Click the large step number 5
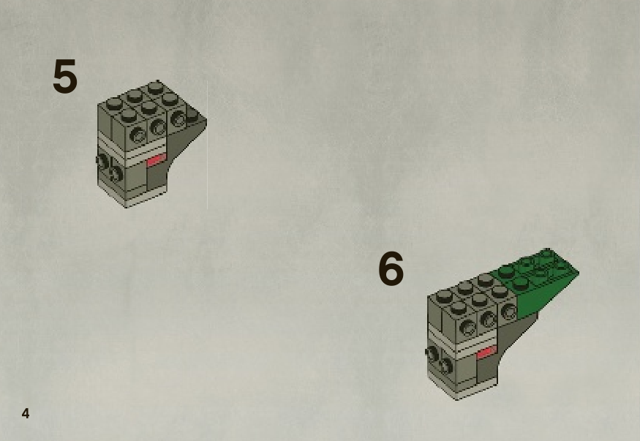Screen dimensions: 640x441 (x=65, y=76)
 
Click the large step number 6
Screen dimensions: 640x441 (x=391, y=268)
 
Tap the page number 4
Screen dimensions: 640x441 (x=26, y=414)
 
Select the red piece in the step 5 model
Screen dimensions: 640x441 (x=156, y=160)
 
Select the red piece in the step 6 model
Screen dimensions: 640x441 (x=486, y=353)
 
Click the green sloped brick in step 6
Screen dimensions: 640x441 (x=539, y=282)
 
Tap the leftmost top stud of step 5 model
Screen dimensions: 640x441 (x=114, y=104)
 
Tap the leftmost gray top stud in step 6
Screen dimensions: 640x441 (x=445, y=295)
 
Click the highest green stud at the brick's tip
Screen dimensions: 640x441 (x=546, y=253)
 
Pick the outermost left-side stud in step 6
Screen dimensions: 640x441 (x=432, y=353)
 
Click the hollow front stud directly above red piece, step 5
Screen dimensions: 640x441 (x=158, y=127)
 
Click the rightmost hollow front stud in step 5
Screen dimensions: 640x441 (x=178, y=118)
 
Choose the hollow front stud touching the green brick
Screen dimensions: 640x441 (x=508, y=312)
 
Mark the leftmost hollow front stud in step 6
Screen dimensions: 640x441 (x=467, y=327)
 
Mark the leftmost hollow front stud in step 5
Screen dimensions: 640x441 (x=138, y=135)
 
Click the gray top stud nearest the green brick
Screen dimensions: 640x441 (x=500, y=291)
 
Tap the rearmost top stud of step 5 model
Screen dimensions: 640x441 (x=154, y=87)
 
